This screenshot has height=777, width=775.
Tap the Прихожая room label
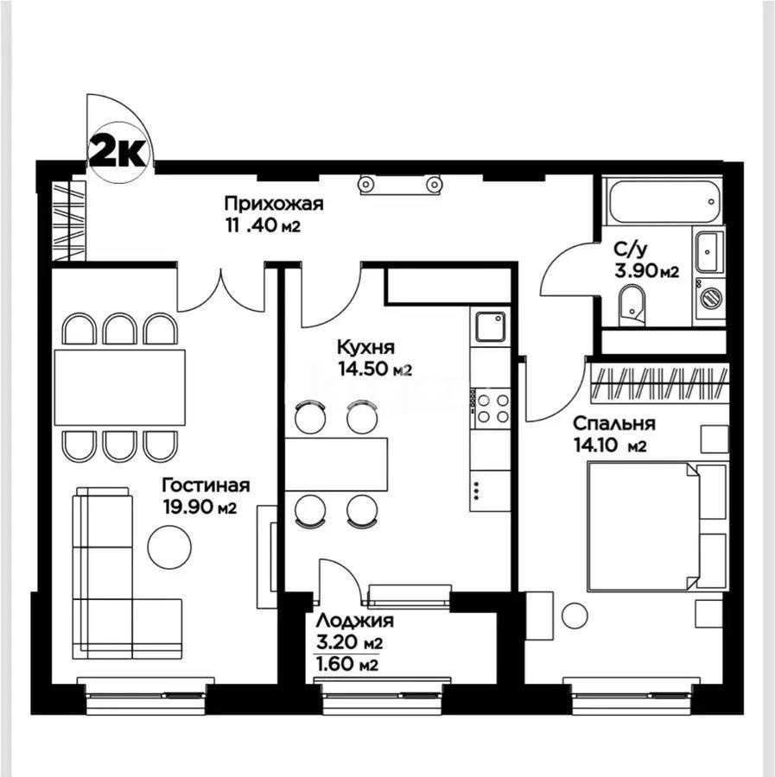(x=273, y=205)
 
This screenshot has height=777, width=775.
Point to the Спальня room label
(x=613, y=424)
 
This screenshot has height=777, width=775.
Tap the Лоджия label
(x=354, y=621)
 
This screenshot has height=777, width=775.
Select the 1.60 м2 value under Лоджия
(x=348, y=665)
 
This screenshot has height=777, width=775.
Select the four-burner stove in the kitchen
(x=491, y=407)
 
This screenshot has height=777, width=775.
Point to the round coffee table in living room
(x=168, y=546)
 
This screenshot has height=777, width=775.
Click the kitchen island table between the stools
(x=337, y=464)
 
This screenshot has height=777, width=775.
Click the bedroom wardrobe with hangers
(x=660, y=382)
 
